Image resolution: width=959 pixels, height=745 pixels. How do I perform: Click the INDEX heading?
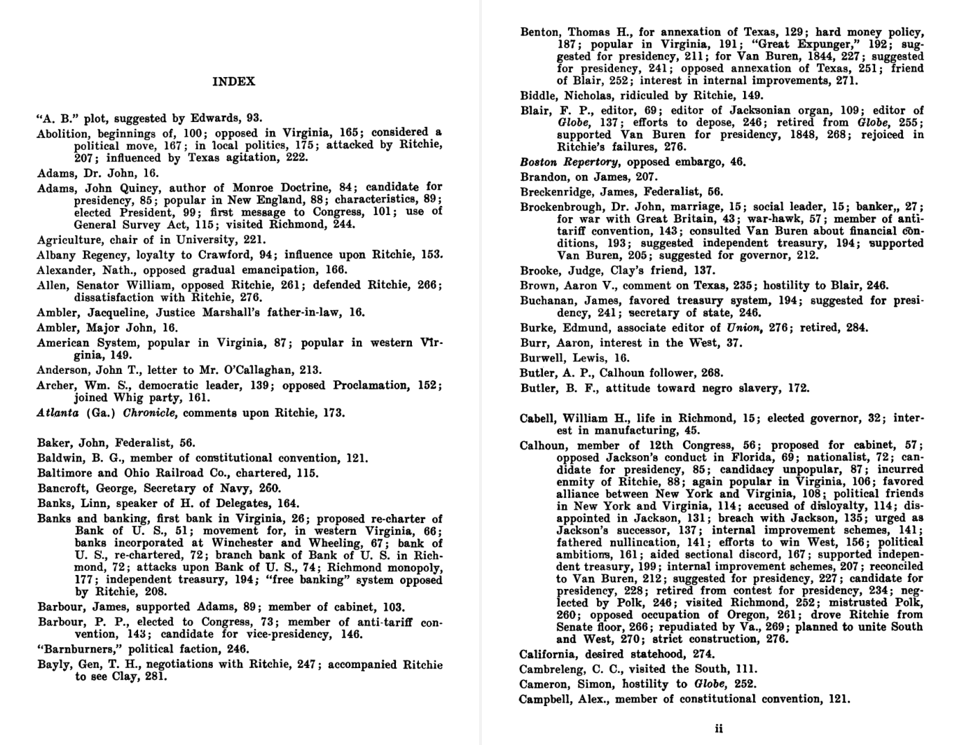coord(234,82)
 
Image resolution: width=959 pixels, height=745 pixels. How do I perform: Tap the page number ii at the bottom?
coord(719,728)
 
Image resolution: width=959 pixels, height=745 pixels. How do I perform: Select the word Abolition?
coord(64,133)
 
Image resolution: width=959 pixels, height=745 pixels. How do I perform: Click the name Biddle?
coord(539,96)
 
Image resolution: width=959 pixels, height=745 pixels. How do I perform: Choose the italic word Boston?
coord(539,162)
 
